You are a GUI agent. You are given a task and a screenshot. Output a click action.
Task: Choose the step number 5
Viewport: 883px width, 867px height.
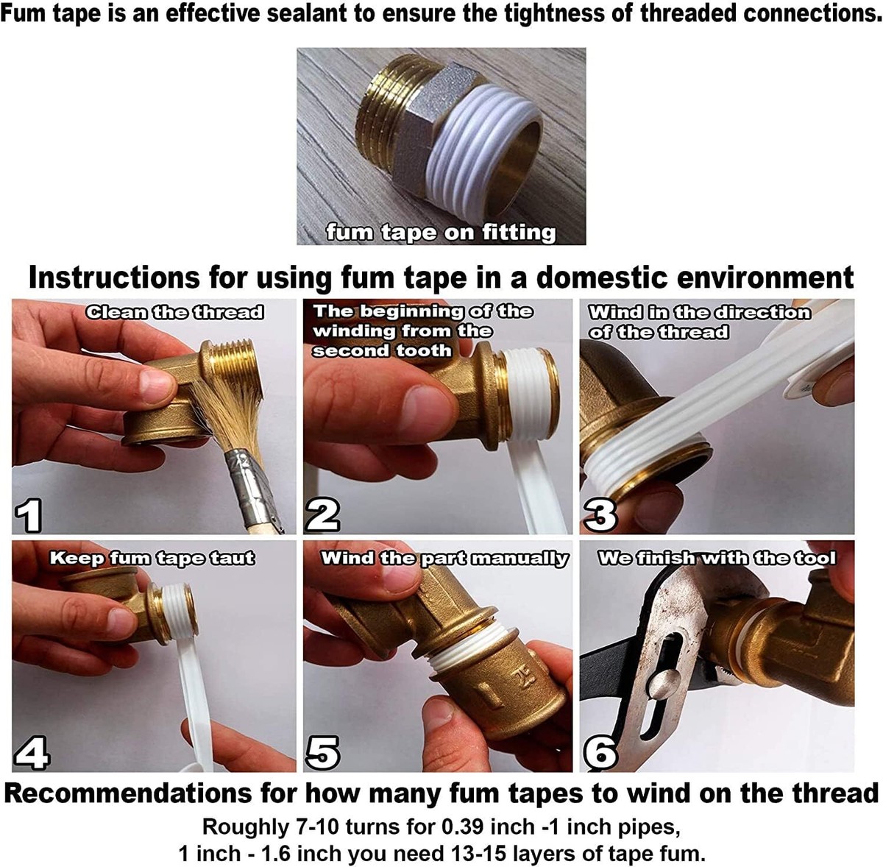pyautogui.click(x=322, y=753)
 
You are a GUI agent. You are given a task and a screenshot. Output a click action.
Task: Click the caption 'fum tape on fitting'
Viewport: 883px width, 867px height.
pyautogui.click(x=441, y=233)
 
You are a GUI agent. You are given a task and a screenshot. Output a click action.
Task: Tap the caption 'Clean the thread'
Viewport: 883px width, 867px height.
pyautogui.click(x=174, y=312)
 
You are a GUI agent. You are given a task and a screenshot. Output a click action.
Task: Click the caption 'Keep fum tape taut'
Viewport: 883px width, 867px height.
pyautogui.click(x=152, y=558)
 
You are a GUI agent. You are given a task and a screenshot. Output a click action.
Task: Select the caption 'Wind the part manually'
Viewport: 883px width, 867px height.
pyautogui.click(x=445, y=558)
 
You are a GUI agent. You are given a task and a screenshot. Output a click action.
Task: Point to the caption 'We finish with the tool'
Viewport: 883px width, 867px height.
pyautogui.click(x=717, y=558)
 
